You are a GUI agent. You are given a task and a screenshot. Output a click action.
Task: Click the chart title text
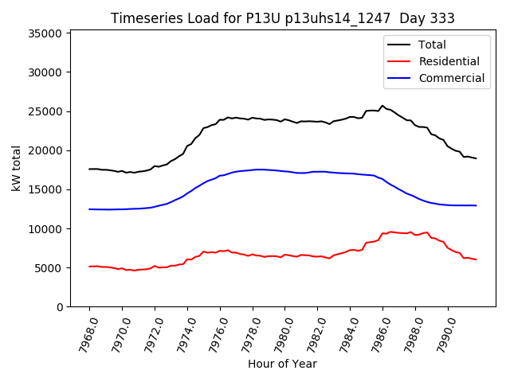tap(283, 18)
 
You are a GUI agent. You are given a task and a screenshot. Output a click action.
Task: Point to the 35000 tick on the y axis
tap(45, 33)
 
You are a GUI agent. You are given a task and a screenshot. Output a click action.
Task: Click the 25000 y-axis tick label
tap(45, 111)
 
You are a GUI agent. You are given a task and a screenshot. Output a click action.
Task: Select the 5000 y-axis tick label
tap(49, 268)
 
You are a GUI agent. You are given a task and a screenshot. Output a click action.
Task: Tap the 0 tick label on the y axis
tap(60, 307)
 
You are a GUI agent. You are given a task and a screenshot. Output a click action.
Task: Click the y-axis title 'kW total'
tap(17, 169)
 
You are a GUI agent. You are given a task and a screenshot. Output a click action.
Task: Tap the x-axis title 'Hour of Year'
tap(282, 364)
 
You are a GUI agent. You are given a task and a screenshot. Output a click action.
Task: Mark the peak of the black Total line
tap(382, 105)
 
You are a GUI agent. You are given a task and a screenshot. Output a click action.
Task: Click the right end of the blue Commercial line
tap(476, 205)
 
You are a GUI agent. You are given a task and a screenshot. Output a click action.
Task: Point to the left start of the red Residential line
tap(89, 267)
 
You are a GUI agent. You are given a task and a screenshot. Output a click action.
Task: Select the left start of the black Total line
tap(89, 169)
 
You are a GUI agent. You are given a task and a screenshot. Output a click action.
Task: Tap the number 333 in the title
tap(442, 18)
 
